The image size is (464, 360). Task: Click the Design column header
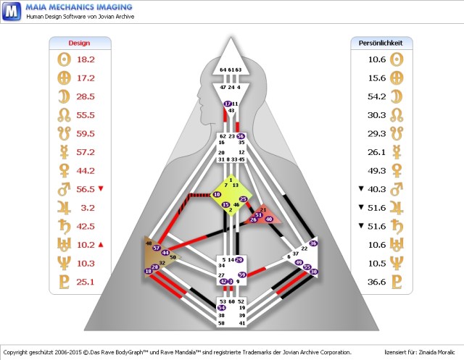[79, 43]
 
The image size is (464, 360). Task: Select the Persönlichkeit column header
[381, 43]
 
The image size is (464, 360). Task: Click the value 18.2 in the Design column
[86, 59]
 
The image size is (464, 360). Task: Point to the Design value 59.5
[86, 133]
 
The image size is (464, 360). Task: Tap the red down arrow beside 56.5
[101, 189]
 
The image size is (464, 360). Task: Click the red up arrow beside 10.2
[101, 244]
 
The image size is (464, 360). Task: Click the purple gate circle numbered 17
[228, 104]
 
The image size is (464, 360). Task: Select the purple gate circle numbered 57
[157, 248]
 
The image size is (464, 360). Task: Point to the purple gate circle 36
[313, 243]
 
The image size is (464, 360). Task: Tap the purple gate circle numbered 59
[242, 275]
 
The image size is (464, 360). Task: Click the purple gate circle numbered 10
[217, 195]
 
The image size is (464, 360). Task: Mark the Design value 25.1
[86, 281]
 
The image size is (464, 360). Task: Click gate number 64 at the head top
[223, 70]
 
